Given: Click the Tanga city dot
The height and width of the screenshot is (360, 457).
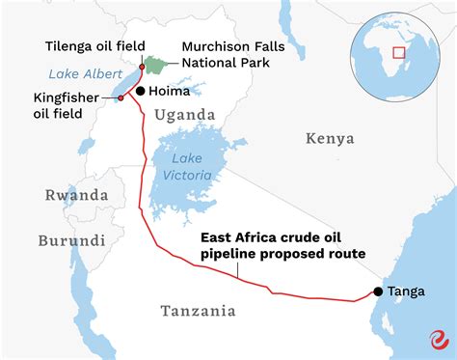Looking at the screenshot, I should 378,291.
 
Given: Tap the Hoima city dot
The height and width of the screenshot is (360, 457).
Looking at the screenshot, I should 141,91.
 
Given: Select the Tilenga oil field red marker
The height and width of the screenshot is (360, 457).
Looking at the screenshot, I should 140,67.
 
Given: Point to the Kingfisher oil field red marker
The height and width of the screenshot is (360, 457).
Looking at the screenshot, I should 121,97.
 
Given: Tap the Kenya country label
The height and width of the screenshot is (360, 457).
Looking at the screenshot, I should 331,139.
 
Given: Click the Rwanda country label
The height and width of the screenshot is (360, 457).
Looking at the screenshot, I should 76,195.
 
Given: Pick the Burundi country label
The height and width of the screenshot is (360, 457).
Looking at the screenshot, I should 71,240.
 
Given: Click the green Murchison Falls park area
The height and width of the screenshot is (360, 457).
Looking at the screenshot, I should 155,66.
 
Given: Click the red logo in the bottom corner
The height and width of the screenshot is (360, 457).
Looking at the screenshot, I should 438,338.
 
